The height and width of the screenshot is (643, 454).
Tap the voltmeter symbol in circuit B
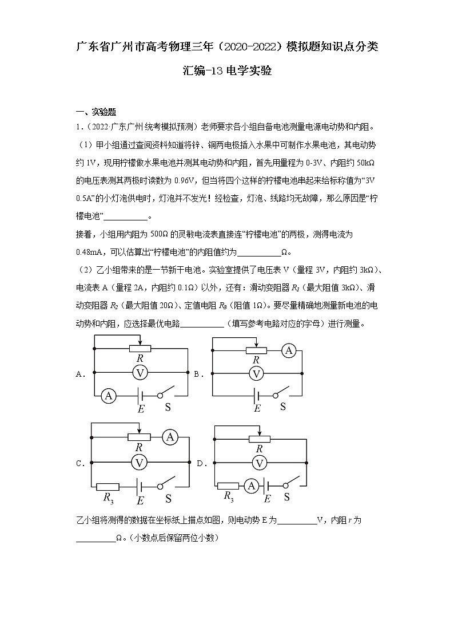coord(257,373)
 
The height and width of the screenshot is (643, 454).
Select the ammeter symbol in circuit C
coord(169,437)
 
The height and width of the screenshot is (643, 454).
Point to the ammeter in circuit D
coord(250,486)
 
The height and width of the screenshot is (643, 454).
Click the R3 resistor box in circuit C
coord(107,486)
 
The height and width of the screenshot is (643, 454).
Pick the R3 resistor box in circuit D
coord(228,486)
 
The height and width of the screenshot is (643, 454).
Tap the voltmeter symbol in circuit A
coord(140,373)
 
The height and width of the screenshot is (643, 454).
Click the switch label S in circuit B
coord(282,407)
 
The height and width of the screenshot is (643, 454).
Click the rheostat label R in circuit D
coord(259,449)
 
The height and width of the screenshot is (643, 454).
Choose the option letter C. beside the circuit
coord(80,463)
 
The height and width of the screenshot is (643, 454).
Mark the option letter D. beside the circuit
coord(200,463)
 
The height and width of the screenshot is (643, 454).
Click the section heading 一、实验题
coord(95,112)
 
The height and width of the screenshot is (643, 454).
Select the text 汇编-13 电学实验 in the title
coord(227,72)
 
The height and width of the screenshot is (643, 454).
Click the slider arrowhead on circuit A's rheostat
coord(140,344)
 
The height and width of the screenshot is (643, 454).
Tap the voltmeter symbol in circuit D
coord(259,463)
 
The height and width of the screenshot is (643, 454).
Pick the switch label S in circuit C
coord(168,498)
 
